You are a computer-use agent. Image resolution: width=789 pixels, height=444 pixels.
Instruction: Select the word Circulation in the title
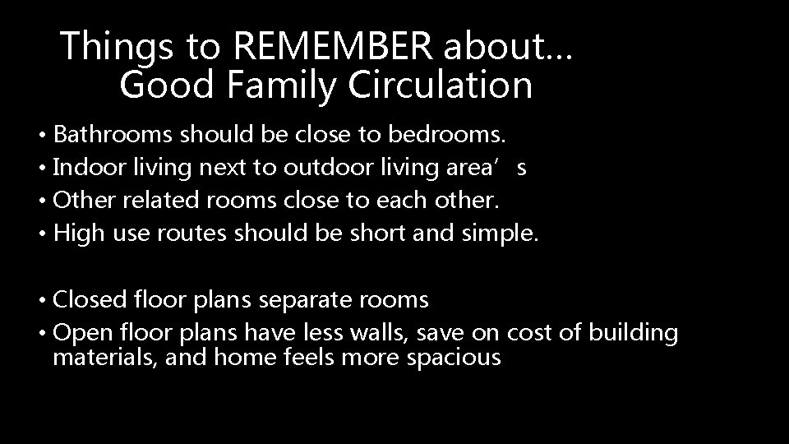click(x=443, y=85)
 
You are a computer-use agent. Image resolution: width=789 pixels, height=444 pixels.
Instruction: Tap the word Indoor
click(x=87, y=168)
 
